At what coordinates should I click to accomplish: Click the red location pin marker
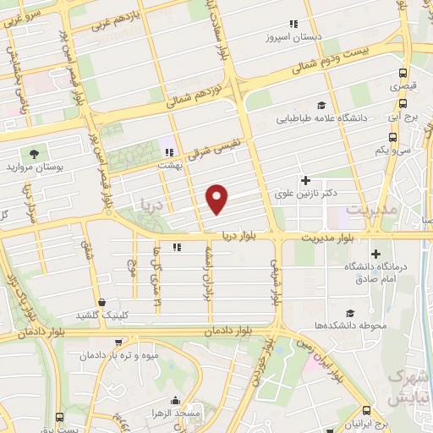[x=218, y=198]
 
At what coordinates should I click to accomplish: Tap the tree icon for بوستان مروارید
[x=34, y=154]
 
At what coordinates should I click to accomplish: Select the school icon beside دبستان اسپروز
[x=293, y=24]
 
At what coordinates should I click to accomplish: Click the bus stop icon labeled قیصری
[x=403, y=73]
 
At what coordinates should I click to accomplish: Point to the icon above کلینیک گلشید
[x=102, y=302]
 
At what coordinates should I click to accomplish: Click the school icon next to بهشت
[x=169, y=152]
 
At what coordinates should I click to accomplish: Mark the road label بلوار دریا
[x=243, y=235]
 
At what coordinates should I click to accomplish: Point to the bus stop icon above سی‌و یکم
[x=379, y=137]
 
